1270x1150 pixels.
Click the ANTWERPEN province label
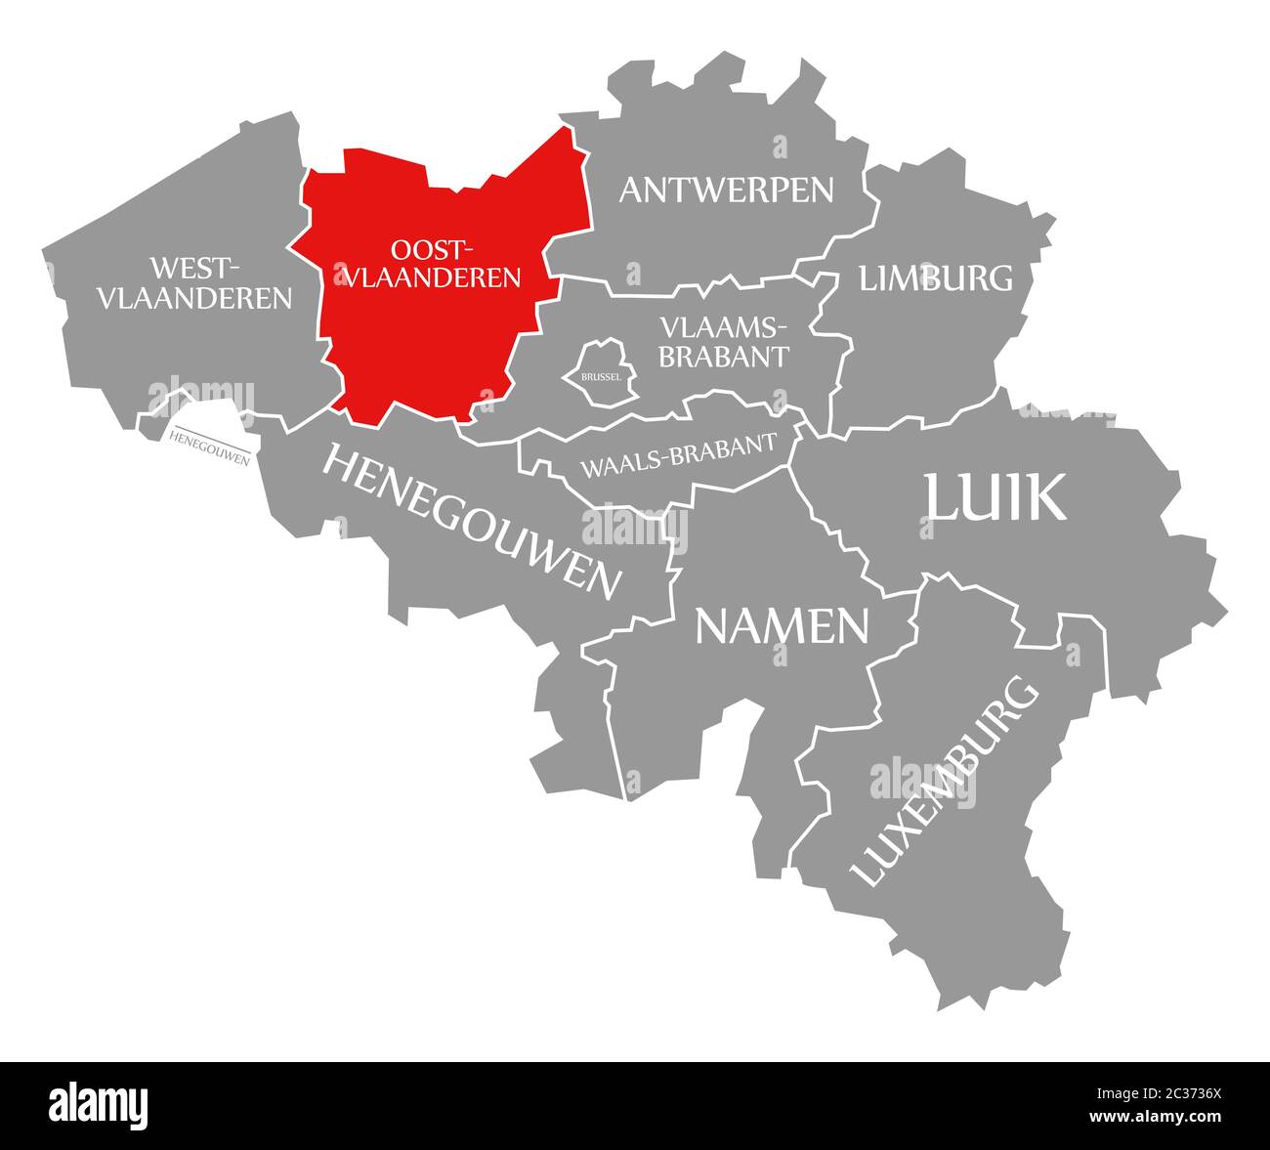(x=726, y=190)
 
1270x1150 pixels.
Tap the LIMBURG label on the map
(x=936, y=278)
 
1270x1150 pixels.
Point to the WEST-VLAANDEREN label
(x=194, y=283)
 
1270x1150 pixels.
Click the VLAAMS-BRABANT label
(x=722, y=341)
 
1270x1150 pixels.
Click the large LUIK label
(x=995, y=498)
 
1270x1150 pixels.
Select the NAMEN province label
(x=782, y=626)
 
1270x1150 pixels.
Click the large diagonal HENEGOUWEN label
(x=471, y=521)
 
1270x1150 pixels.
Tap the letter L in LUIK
(x=944, y=498)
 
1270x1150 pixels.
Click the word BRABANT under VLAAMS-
(x=722, y=357)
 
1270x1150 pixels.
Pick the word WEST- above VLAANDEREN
(x=194, y=267)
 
